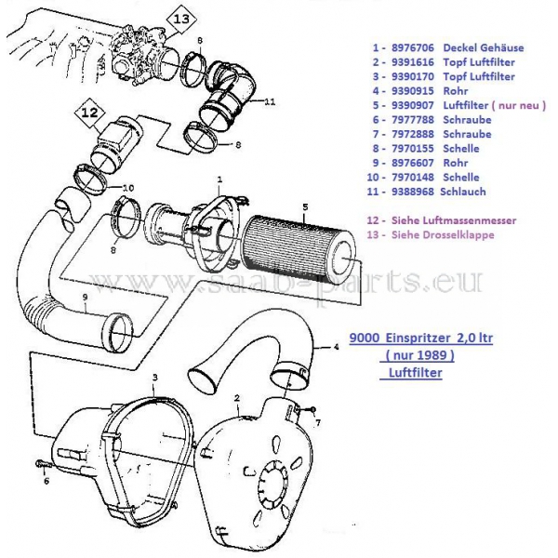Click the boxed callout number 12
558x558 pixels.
click(x=89, y=113)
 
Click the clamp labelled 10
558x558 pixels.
click(x=91, y=178)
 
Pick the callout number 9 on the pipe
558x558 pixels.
click(x=85, y=299)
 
